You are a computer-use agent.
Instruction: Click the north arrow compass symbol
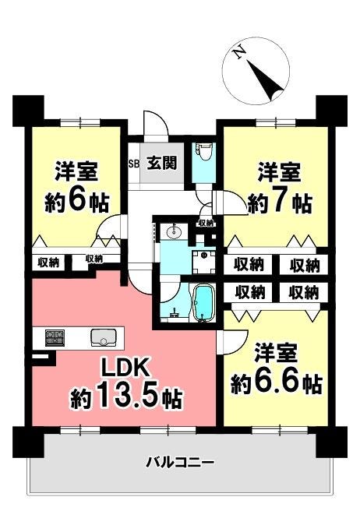pos(256,71)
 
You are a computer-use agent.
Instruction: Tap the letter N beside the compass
pos(238,53)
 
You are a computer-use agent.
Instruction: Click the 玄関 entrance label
pos(162,163)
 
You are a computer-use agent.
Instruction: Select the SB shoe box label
pos(134,164)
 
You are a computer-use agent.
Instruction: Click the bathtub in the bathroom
pos(203,303)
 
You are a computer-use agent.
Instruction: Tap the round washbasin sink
pos(174,232)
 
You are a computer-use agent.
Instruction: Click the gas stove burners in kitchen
pos(55,337)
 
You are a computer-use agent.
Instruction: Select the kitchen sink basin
pos(103,337)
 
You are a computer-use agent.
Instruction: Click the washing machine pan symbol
pos(204,262)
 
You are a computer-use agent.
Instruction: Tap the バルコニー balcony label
pos(180,461)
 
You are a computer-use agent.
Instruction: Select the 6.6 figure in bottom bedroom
pos(277,383)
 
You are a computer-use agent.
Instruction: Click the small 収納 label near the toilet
pos(206,223)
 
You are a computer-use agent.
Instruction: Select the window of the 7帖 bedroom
pos(276,122)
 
